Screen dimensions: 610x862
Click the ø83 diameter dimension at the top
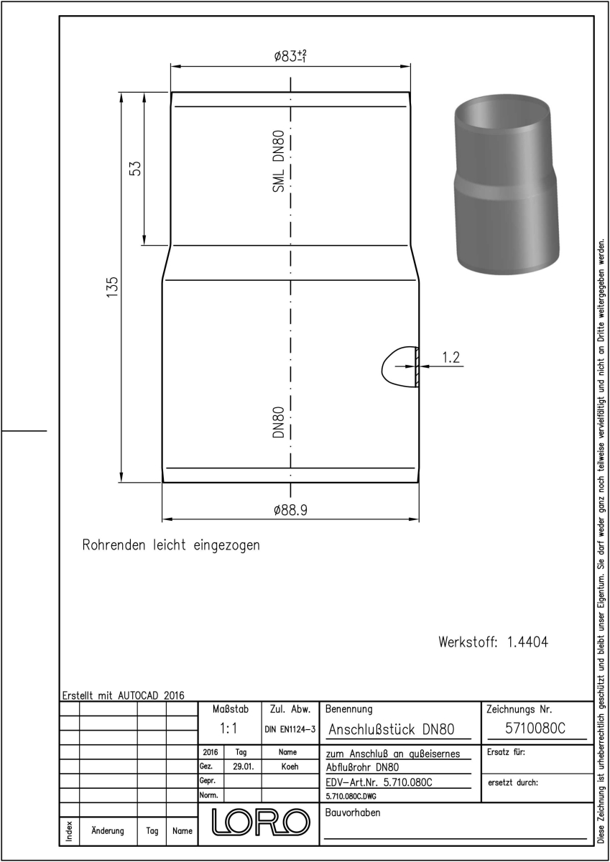pos(290,56)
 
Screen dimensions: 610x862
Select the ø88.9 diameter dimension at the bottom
pos(290,510)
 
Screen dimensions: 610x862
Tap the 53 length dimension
pos(135,168)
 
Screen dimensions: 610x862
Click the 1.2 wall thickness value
pos(450,358)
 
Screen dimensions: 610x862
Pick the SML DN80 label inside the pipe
pos(278,161)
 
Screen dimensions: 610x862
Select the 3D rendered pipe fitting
pos(507,183)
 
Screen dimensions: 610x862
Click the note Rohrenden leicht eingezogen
pos(171,545)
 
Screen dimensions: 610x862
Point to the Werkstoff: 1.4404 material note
pos(494,642)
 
